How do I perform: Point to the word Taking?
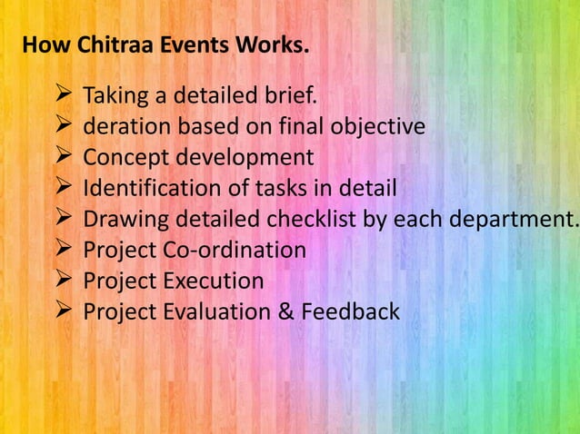(112, 96)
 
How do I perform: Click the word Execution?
(215, 281)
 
